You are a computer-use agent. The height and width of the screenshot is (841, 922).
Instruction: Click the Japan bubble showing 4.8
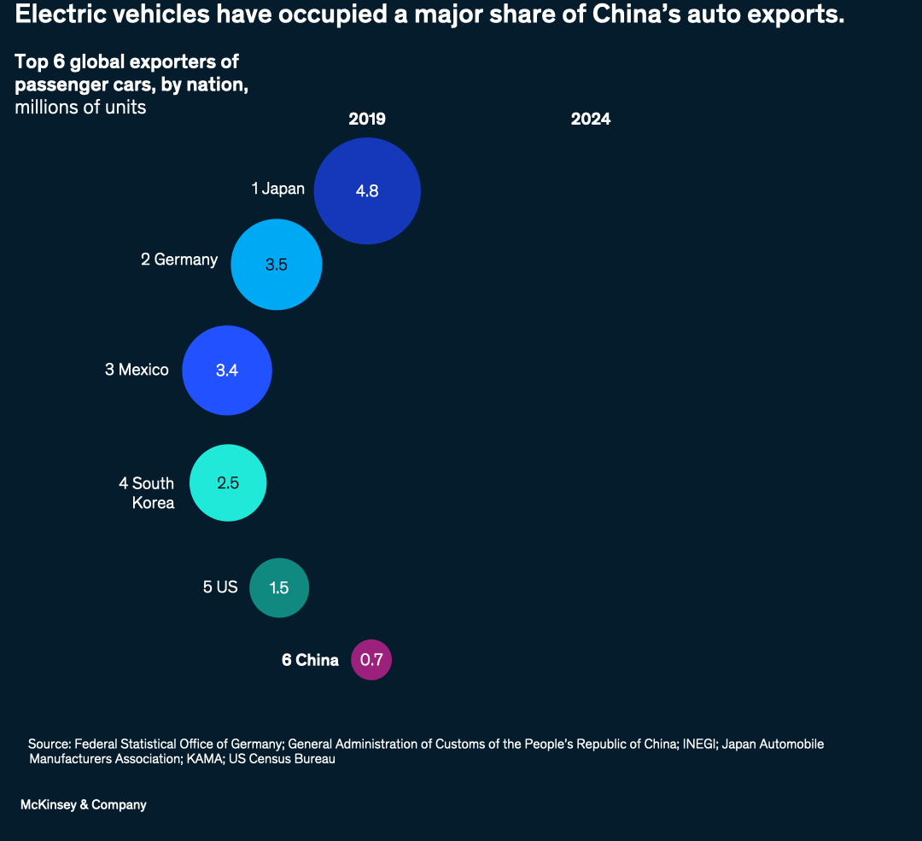click(x=367, y=190)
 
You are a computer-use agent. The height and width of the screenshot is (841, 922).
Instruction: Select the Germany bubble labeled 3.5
click(x=277, y=264)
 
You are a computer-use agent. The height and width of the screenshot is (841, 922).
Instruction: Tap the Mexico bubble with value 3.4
click(x=227, y=371)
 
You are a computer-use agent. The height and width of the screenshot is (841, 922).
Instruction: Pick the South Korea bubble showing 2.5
click(x=228, y=482)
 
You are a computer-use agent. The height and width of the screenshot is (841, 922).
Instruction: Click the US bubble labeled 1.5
click(x=279, y=587)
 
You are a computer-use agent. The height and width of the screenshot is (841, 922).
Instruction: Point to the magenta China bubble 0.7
click(x=371, y=660)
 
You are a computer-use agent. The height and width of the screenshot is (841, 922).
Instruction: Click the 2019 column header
click(x=367, y=120)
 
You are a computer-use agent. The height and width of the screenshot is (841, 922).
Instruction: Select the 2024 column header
click(x=591, y=120)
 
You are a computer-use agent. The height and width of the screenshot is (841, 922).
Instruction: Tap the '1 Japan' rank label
click(x=277, y=189)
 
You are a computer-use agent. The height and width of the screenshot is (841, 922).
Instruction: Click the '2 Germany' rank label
click(x=179, y=260)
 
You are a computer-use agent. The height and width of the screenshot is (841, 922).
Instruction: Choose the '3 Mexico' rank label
click(x=137, y=370)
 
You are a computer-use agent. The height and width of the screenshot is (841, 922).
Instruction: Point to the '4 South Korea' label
click(x=147, y=493)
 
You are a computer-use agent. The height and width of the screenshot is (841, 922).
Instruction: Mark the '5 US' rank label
click(x=220, y=587)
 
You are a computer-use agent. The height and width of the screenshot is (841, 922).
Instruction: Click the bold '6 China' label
click(x=310, y=660)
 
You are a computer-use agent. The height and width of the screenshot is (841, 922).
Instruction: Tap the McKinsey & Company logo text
click(x=84, y=804)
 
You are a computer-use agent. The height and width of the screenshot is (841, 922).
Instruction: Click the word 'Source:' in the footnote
click(x=50, y=744)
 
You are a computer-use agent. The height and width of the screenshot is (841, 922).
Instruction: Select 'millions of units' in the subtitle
click(x=80, y=108)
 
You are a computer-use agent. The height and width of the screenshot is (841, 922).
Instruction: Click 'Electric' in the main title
click(x=54, y=15)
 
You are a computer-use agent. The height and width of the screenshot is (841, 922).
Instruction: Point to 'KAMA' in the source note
click(x=202, y=759)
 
